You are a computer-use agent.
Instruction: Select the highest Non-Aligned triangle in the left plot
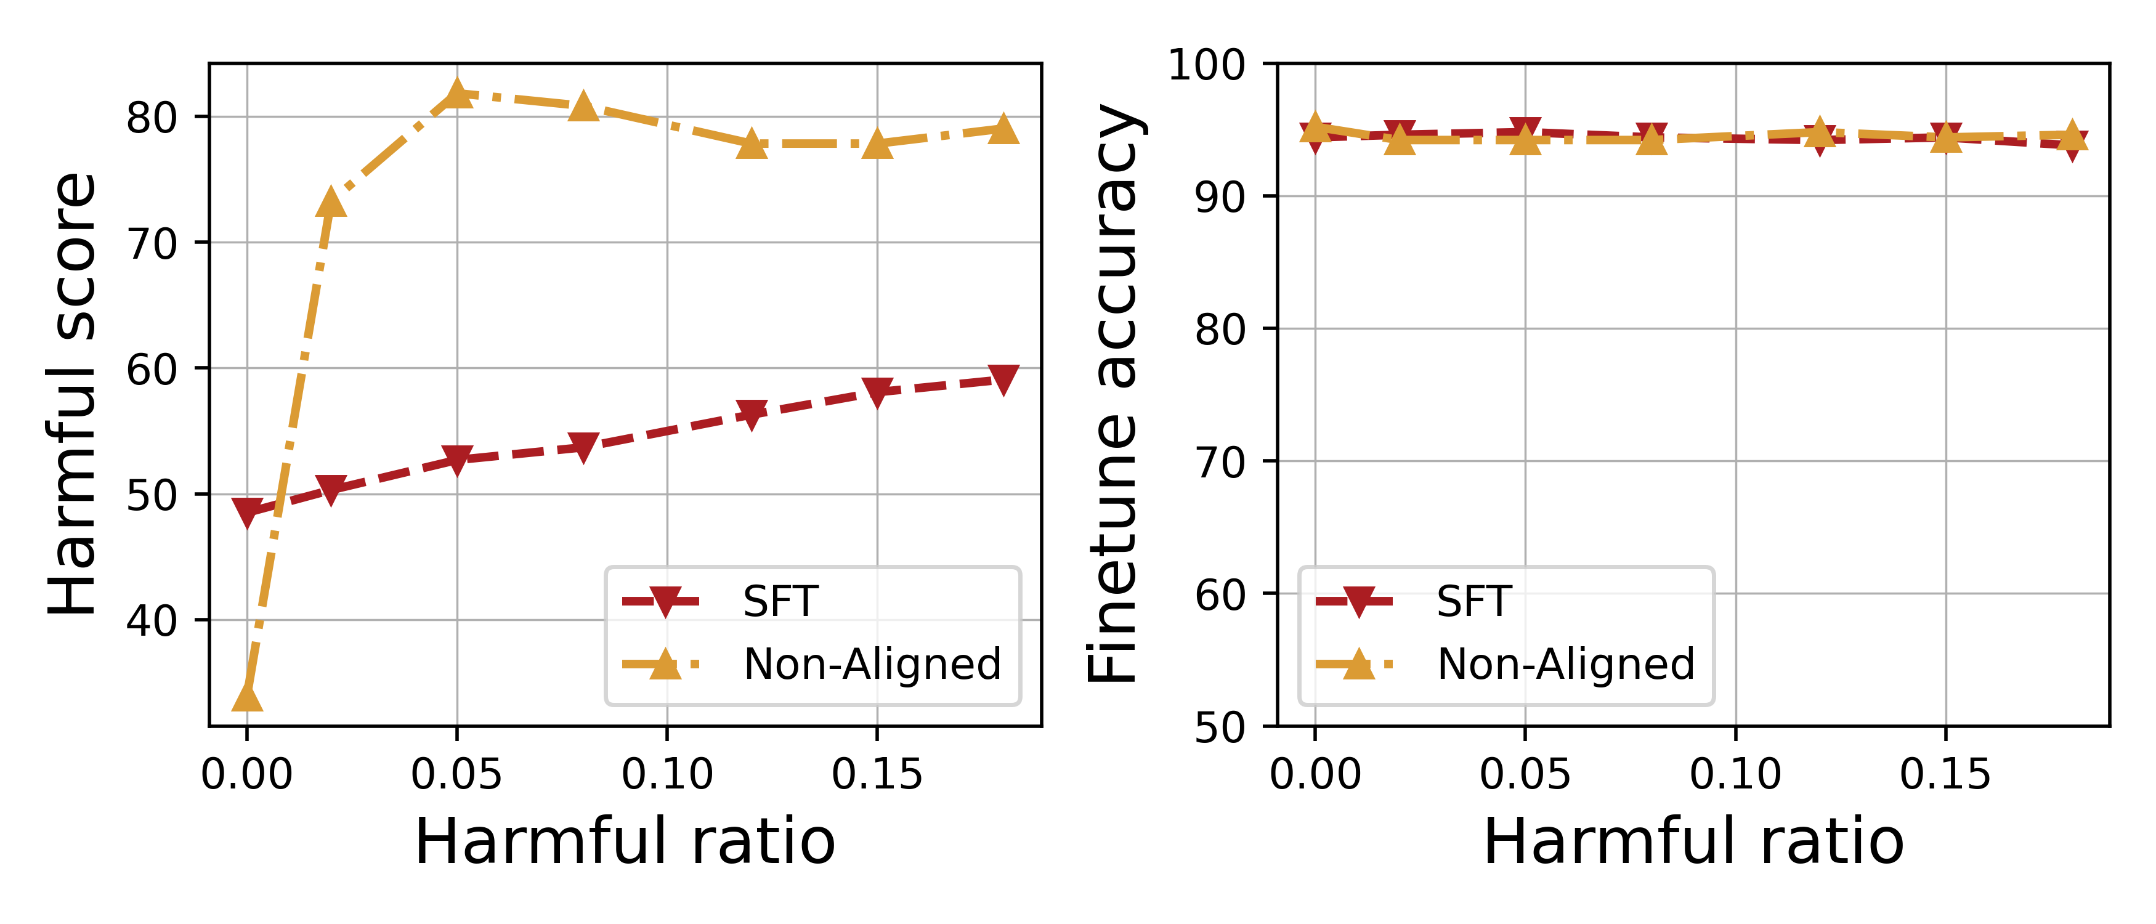tap(457, 94)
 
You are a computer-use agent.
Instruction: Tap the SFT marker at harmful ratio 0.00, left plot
tap(247, 511)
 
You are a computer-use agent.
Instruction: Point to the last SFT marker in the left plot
tap(1003, 378)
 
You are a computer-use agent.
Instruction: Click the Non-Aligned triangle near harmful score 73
tap(331, 201)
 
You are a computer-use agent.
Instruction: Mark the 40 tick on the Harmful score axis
tap(152, 621)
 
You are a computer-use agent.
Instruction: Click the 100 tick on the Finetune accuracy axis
tap(1206, 65)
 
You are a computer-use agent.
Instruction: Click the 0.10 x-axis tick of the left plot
tap(667, 774)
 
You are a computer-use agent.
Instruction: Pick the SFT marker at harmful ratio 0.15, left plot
tap(877, 391)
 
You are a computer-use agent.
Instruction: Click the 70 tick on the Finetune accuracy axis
tap(1220, 462)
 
